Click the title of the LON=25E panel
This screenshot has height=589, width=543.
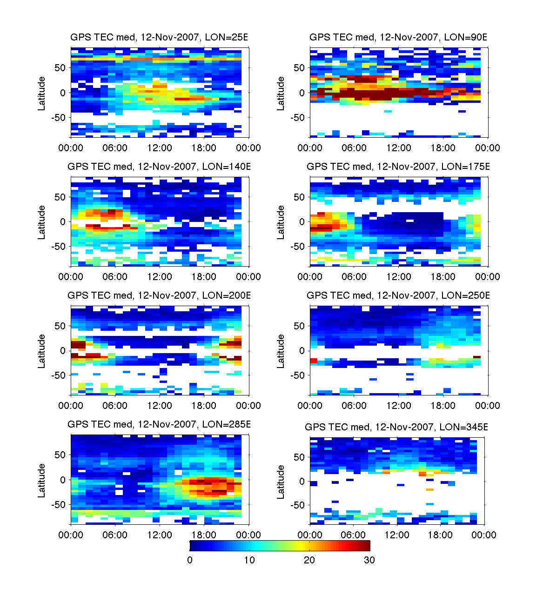[159, 38]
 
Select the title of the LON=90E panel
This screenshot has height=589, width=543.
[398, 38]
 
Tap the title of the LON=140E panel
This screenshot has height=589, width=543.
[159, 167]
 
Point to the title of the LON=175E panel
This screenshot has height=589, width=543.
[398, 167]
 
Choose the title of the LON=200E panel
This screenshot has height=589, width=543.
[159, 295]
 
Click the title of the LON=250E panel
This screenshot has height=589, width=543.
[398, 295]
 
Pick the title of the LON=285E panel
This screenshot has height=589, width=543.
[159, 424]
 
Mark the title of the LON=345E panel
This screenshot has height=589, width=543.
[396, 427]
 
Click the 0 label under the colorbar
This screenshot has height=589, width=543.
[190, 560]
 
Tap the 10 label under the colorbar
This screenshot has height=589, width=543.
[249, 560]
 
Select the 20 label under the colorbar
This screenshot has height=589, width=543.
[309, 560]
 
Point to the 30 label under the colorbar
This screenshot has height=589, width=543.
[369, 560]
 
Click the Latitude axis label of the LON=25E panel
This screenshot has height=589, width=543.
[42, 94]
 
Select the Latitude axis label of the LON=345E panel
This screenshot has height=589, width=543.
[281, 482]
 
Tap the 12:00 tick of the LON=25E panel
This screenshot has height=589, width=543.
[160, 148]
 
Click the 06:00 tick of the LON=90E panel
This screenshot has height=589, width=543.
[354, 148]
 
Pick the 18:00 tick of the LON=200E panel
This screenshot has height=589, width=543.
[204, 406]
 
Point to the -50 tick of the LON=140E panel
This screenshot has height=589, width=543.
[59, 247]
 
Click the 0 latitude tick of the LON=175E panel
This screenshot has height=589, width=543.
[302, 222]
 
